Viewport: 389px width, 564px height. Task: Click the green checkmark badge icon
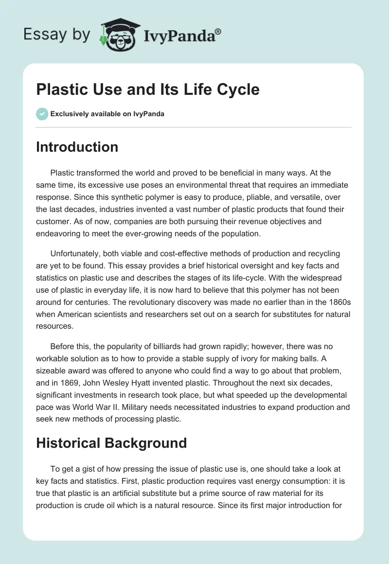tap(42, 114)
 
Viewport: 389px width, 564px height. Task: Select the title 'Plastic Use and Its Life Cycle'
tap(147, 89)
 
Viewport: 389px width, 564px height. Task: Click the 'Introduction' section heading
tap(77, 147)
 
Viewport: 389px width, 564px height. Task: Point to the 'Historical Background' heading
tap(111, 443)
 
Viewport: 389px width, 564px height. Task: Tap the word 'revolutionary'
tap(117, 302)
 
